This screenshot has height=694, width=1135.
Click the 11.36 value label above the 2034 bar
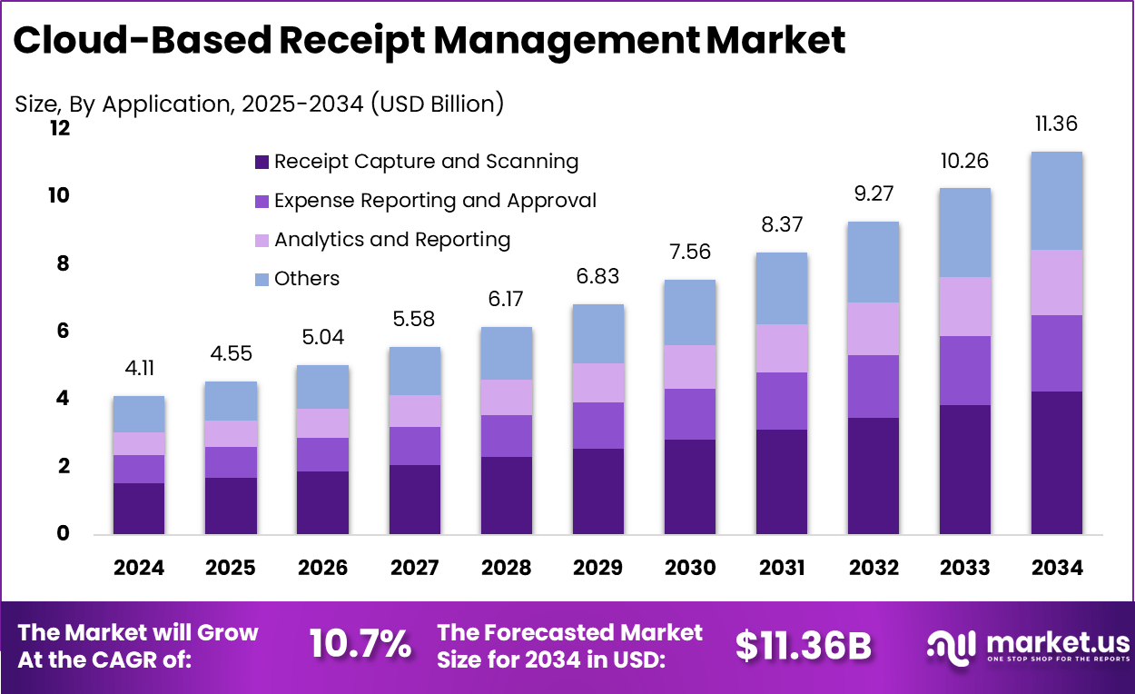(1056, 124)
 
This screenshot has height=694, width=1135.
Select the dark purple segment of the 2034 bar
(1056, 462)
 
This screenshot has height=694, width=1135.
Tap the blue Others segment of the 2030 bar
(689, 312)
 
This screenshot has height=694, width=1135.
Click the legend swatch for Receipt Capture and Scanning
(262, 163)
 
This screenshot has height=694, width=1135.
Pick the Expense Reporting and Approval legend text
(435, 201)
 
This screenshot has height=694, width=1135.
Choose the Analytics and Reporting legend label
(392, 240)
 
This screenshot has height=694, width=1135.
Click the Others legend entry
(307, 279)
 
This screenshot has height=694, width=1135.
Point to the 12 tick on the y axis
(60, 129)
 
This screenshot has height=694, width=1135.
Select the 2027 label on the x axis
(414, 568)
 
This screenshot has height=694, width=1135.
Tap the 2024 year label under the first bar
(139, 568)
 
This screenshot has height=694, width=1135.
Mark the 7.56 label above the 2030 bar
(689, 253)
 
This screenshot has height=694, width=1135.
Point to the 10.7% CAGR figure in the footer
(360, 644)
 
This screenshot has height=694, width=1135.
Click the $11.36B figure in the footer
(803, 645)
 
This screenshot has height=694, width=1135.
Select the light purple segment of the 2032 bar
(873, 329)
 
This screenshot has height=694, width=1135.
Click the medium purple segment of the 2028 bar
(506, 436)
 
